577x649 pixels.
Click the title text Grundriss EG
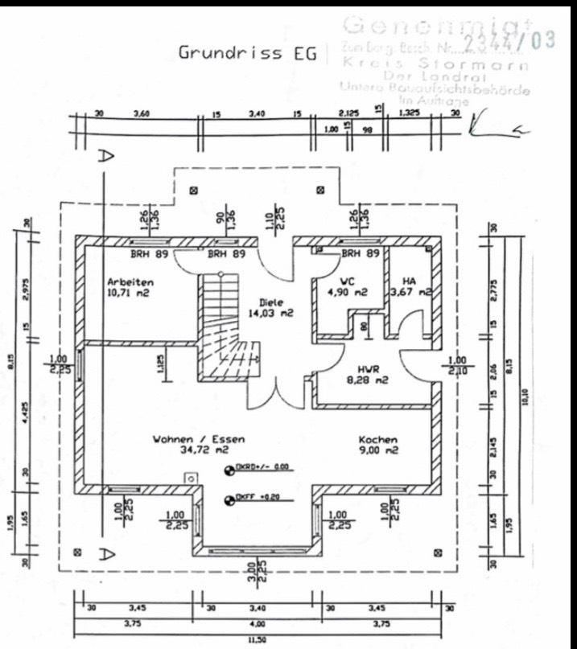tap(241, 53)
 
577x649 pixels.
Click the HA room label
tap(409, 281)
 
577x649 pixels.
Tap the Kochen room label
tap(378, 440)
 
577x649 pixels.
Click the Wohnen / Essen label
tap(199, 440)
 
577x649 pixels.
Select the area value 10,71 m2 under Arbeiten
tap(129, 294)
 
